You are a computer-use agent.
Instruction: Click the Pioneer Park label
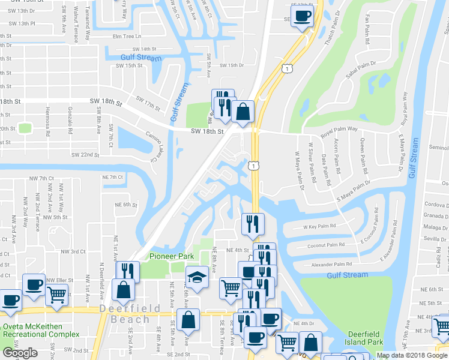pyautogui.click(x=172, y=256)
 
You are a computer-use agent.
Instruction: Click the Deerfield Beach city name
pyautogui.click(x=130, y=314)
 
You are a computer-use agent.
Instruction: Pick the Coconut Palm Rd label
pyautogui.click(x=325, y=245)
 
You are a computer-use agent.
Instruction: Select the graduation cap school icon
pyautogui.click(x=196, y=277)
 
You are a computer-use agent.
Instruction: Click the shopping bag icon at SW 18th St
pyautogui.click(x=243, y=112)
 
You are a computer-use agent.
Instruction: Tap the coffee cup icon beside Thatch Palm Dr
pyautogui.click(x=303, y=16)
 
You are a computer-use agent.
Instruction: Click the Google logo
pyautogui.click(x=20, y=353)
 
